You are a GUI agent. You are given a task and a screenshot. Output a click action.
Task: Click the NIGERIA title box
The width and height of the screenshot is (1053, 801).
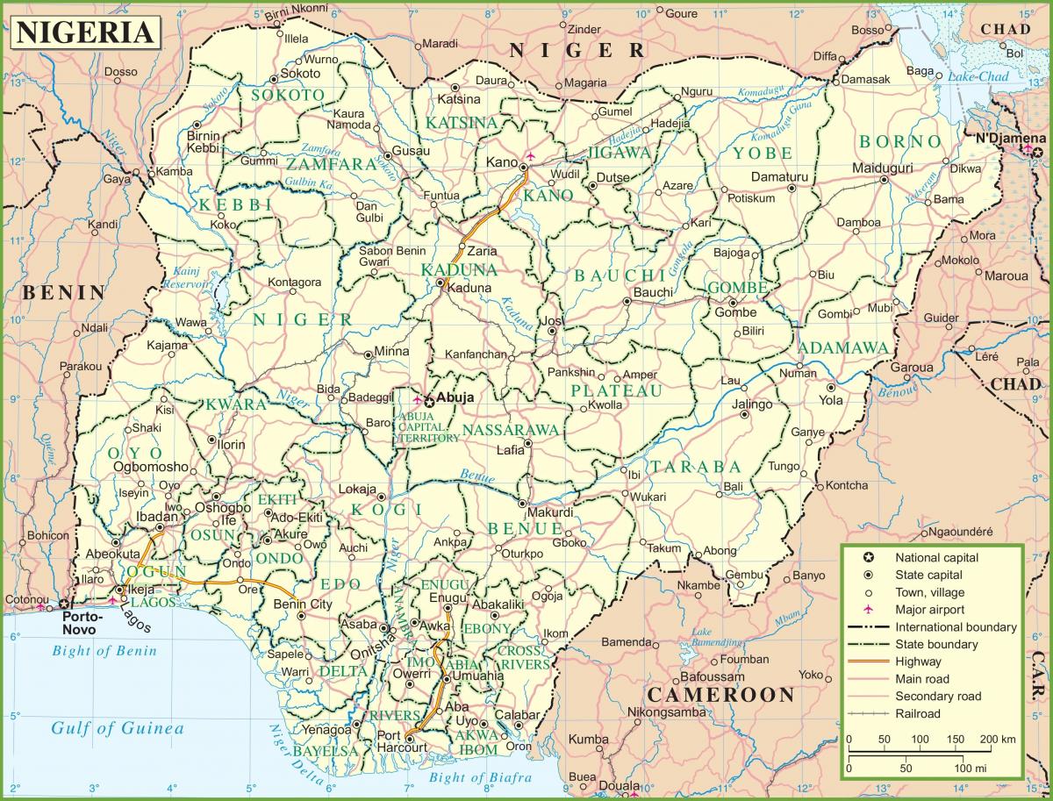point(84,32)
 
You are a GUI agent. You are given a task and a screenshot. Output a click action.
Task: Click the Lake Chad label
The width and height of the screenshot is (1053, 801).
point(976,76)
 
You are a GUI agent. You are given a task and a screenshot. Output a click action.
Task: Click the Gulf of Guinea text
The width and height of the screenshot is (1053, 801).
point(117,728)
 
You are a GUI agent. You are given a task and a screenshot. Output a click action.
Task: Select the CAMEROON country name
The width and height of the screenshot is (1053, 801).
point(710,695)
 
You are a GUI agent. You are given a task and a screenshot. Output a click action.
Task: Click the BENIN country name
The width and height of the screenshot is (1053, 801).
point(64,293)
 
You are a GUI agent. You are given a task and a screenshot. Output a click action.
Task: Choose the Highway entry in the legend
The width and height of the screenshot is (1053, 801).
point(918,662)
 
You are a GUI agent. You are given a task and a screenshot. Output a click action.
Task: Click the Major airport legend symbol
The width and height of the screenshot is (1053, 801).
point(867,610)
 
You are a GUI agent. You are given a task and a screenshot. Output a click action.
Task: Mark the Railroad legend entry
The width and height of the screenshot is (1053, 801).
point(918,713)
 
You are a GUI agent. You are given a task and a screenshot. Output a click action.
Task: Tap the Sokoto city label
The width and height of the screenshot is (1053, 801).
point(301,74)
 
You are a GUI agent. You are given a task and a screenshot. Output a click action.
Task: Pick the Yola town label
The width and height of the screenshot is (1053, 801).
point(830,400)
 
